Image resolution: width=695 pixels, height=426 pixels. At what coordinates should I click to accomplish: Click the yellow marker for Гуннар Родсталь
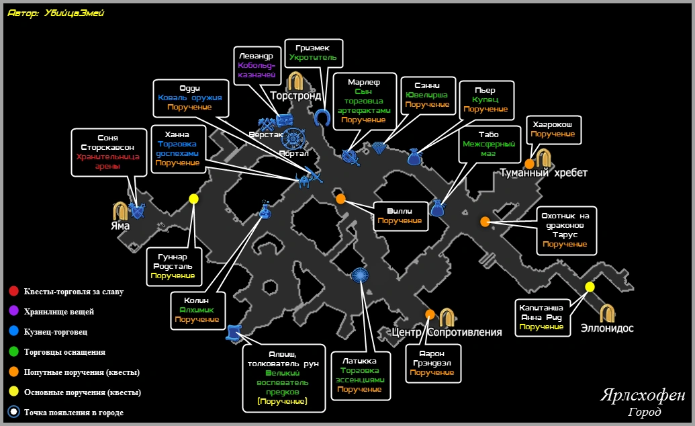[193, 199]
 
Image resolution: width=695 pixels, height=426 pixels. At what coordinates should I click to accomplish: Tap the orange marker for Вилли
[340, 199]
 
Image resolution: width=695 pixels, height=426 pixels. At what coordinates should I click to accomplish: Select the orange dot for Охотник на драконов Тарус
[485, 222]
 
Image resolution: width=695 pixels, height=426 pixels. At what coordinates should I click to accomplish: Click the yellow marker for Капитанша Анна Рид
[590, 287]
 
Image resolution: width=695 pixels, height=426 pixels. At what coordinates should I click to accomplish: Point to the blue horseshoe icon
[322, 118]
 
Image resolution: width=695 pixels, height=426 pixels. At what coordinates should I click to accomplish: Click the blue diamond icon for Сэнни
[379, 148]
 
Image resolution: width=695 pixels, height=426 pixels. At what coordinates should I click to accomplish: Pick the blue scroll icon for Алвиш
[233, 333]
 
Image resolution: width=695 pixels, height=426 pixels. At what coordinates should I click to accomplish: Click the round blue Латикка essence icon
[360, 275]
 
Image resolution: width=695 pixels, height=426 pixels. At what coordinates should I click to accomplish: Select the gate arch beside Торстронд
[295, 81]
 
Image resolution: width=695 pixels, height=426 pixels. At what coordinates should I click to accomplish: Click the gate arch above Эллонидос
[607, 313]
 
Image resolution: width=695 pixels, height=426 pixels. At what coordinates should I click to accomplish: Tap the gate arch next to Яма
[120, 211]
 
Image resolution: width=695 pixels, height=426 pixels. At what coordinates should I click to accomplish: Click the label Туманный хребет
[543, 173]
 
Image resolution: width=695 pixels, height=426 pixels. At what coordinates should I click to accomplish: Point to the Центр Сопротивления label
[447, 332]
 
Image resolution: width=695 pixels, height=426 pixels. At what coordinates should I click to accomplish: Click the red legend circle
[13, 291]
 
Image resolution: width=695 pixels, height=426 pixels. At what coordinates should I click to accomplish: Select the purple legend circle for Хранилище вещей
[13, 311]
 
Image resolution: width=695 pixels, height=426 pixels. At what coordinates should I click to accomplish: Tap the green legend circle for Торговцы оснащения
[13, 351]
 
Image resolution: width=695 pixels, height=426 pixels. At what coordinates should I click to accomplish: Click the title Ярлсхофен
[643, 394]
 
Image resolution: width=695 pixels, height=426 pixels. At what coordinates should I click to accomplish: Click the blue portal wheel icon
[293, 138]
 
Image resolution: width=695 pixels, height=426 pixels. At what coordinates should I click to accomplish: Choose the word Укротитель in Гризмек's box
[313, 57]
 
